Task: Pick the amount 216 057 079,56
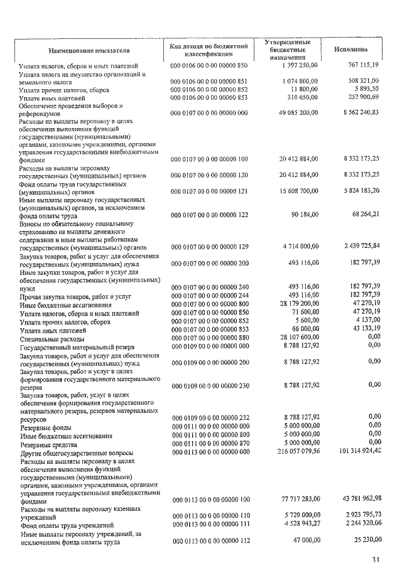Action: [293, 452]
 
